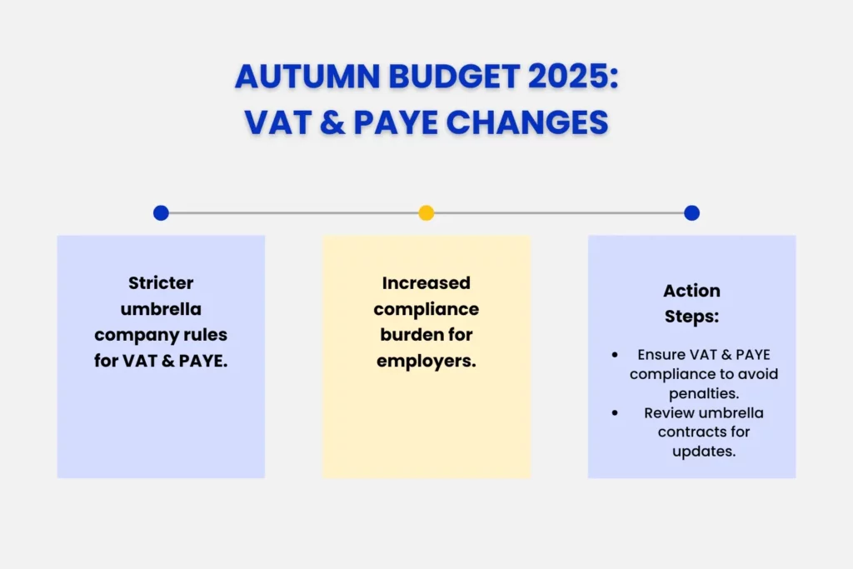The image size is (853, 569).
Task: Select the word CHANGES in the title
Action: [x=523, y=122]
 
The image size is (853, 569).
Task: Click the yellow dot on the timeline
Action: [x=426, y=213]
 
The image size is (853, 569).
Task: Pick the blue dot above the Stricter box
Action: [x=161, y=213]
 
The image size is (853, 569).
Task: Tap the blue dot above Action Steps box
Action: [x=691, y=213]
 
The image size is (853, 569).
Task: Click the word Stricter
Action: [x=161, y=282]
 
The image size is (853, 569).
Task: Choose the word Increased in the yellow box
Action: [x=426, y=283]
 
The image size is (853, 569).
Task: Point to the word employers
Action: [x=426, y=361]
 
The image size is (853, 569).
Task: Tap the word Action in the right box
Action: [x=691, y=291]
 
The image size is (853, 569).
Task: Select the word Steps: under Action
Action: [x=691, y=317]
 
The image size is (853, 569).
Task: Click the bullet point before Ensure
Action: [x=615, y=355]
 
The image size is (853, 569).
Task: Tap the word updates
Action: [x=703, y=452]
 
